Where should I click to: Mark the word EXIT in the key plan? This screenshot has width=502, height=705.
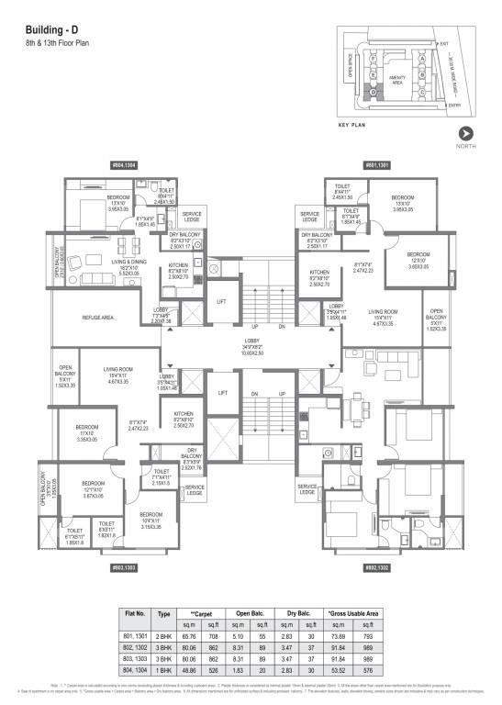443,44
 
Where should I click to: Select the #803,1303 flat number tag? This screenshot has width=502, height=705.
124,568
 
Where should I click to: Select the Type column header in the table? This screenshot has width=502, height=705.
165,611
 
